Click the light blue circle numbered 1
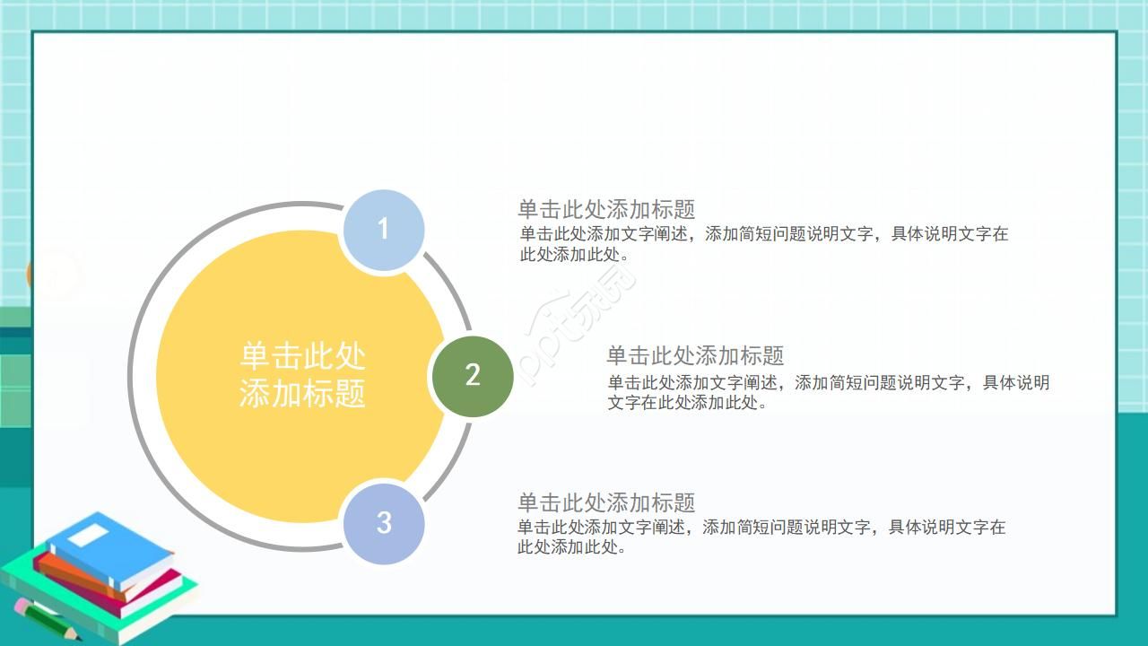[x=383, y=230]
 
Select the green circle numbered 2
[x=473, y=376]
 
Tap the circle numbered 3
[x=383, y=523]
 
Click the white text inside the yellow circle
[x=302, y=375]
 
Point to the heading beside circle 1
[x=606, y=210]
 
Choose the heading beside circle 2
[x=695, y=356]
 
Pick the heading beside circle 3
[x=606, y=502]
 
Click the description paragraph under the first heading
[x=763, y=244]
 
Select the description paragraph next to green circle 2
[x=828, y=392]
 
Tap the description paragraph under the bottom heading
[x=761, y=537]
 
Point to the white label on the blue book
[x=88, y=537]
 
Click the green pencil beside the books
[x=47, y=620]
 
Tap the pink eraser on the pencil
[x=21, y=606]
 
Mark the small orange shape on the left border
[x=30, y=275]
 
